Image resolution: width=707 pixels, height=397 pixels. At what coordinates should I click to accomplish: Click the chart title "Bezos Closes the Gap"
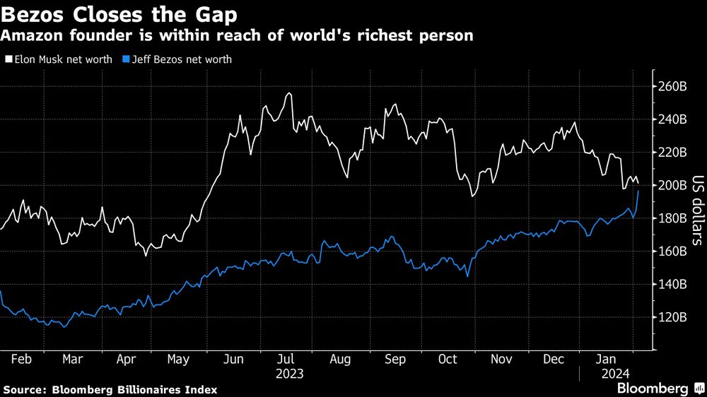click(x=119, y=14)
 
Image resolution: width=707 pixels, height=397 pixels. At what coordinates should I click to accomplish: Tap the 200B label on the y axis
click(x=672, y=185)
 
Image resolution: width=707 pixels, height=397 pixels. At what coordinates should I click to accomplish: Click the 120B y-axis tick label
click(x=672, y=316)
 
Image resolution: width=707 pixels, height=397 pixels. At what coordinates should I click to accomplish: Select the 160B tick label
click(x=672, y=251)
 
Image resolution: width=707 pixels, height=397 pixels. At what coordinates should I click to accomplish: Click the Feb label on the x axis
click(x=22, y=360)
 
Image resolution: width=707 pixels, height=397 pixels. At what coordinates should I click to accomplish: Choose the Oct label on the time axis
click(x=448, y=360)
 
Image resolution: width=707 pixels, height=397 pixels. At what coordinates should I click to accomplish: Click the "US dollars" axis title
click(x=696, y=210)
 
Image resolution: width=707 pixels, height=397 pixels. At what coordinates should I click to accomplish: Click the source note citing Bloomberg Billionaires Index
click(x=110, y=389)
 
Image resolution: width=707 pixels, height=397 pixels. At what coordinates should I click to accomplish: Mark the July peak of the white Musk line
click(x=288, y=93)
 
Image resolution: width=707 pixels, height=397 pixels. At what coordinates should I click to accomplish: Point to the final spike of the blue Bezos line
click(x=638, y=191)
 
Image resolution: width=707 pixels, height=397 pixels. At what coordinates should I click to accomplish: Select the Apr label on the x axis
click(x=126, y=360)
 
